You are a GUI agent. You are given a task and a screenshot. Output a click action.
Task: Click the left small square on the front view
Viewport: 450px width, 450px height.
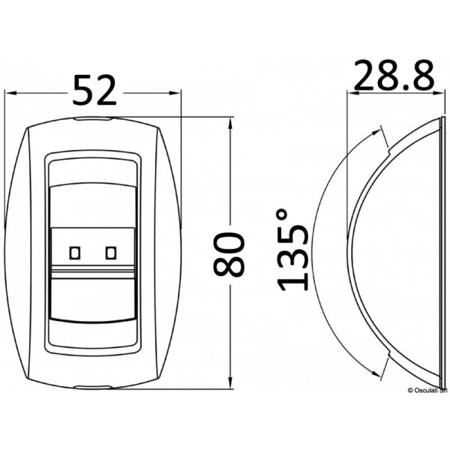click(75, 253)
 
